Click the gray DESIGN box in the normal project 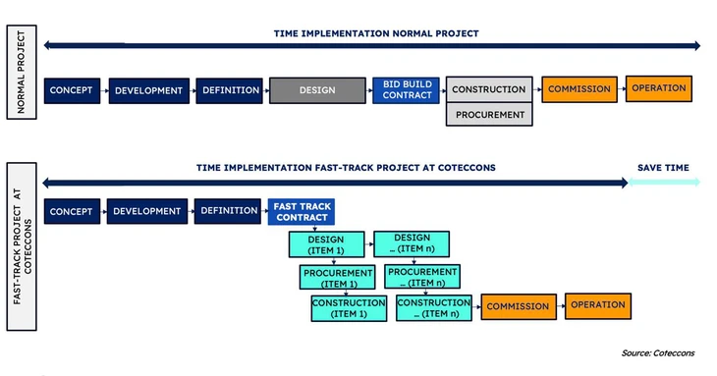[317, 90]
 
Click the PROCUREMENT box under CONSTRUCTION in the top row [488, 114]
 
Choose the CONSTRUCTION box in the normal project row [488, 89]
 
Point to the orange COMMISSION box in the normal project [579, 89]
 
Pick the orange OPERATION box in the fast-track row [598, 305]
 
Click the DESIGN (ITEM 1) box [325, 243]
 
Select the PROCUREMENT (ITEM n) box [422, 277]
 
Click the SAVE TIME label [663, 168]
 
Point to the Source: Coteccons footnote [658, 352]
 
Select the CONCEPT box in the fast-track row [70, 211]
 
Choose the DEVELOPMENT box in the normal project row [148, 90]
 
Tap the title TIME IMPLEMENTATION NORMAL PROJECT [376, 33]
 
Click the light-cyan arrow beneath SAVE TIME [664, 182]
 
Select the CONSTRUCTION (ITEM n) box [433, 308]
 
